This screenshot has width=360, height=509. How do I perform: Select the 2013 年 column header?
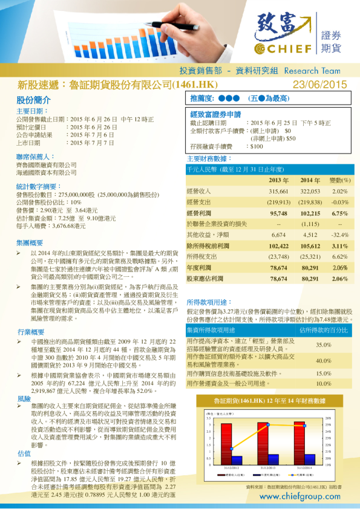coord(278,180)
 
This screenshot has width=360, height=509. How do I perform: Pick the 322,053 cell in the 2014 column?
coord(310,191)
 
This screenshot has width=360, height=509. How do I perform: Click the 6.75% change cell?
coord(339,213)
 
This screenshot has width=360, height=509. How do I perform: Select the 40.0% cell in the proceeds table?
coord(324,360)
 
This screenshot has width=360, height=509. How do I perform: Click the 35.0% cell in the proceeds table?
coord(324,345)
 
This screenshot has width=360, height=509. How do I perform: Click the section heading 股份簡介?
coord(30,100)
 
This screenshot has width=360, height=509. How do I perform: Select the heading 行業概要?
coord(31,332)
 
